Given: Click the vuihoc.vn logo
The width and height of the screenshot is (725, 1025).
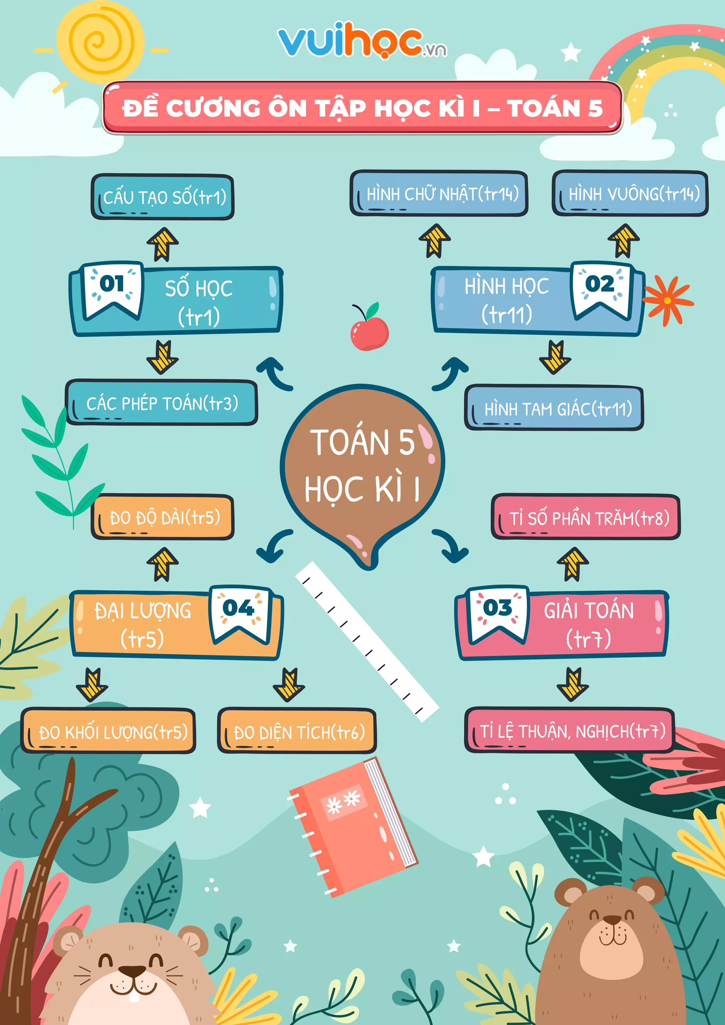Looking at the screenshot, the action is coord(361,41).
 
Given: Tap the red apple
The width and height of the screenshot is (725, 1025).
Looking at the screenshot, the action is coord(370,333).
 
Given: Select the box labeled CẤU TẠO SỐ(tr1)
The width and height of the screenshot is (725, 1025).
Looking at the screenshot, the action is coord(163,197).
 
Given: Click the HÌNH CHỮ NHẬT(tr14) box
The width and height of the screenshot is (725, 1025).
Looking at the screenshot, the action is coord(439,194).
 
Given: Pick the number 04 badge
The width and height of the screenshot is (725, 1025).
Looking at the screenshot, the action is coord(239,613).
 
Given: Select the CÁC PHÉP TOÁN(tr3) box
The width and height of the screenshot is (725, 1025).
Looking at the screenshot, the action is coord(162,403).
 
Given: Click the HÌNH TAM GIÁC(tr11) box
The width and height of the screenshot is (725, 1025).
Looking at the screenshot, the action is coord(554,408).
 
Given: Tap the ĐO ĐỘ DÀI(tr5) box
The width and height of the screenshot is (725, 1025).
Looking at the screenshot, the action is coord(163,517).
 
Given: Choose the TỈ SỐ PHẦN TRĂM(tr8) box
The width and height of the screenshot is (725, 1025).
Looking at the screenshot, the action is coord(586,517).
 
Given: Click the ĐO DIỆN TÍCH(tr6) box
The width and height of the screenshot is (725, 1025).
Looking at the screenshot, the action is coord(297,732).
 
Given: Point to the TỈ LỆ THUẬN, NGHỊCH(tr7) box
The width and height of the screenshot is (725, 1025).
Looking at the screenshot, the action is coord(569,731).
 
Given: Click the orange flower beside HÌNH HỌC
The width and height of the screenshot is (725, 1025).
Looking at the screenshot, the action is coord(667,300).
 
